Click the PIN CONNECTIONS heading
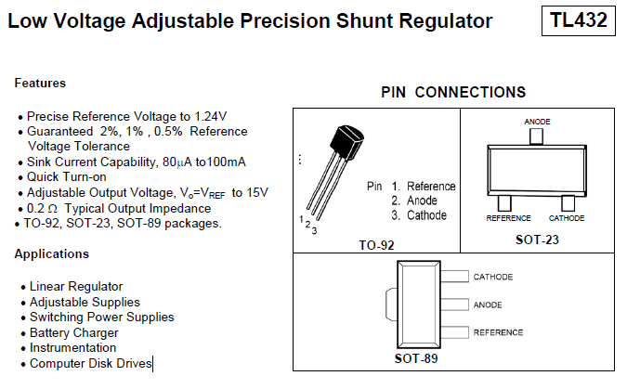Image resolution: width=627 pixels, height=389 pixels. (x=453, y=92)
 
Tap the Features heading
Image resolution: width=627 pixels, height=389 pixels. (x=40, y=83)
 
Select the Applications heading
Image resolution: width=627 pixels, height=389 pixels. (x=52, y=253)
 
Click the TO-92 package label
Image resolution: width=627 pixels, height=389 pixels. (x=376, y=246)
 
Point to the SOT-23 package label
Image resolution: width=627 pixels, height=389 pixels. (x=537, y=240)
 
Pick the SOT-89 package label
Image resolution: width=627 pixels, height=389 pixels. (x=416, y=358)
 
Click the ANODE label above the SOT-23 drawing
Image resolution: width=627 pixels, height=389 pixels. (x=537, y=122)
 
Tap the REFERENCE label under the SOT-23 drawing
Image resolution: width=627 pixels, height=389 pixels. (x=508, y=218)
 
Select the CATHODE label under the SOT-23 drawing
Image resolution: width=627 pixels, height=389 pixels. (x=567, y=218)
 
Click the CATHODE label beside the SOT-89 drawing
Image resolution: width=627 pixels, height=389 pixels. (x=492, y=277)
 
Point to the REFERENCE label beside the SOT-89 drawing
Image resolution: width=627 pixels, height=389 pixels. (x=498, y=331)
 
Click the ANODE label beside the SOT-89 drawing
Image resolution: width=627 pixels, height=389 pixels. (x=488, y=305)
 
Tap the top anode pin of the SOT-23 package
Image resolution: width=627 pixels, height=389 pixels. (x=536, y=136)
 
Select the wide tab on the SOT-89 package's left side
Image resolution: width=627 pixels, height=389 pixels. (x=391, y=305)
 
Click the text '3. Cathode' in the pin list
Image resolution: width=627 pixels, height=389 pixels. (x=419, y=215)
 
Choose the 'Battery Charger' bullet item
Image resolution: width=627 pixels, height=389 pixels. (x=74, y=332)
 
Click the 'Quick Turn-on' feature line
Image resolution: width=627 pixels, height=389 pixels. (x=67, y=177)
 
